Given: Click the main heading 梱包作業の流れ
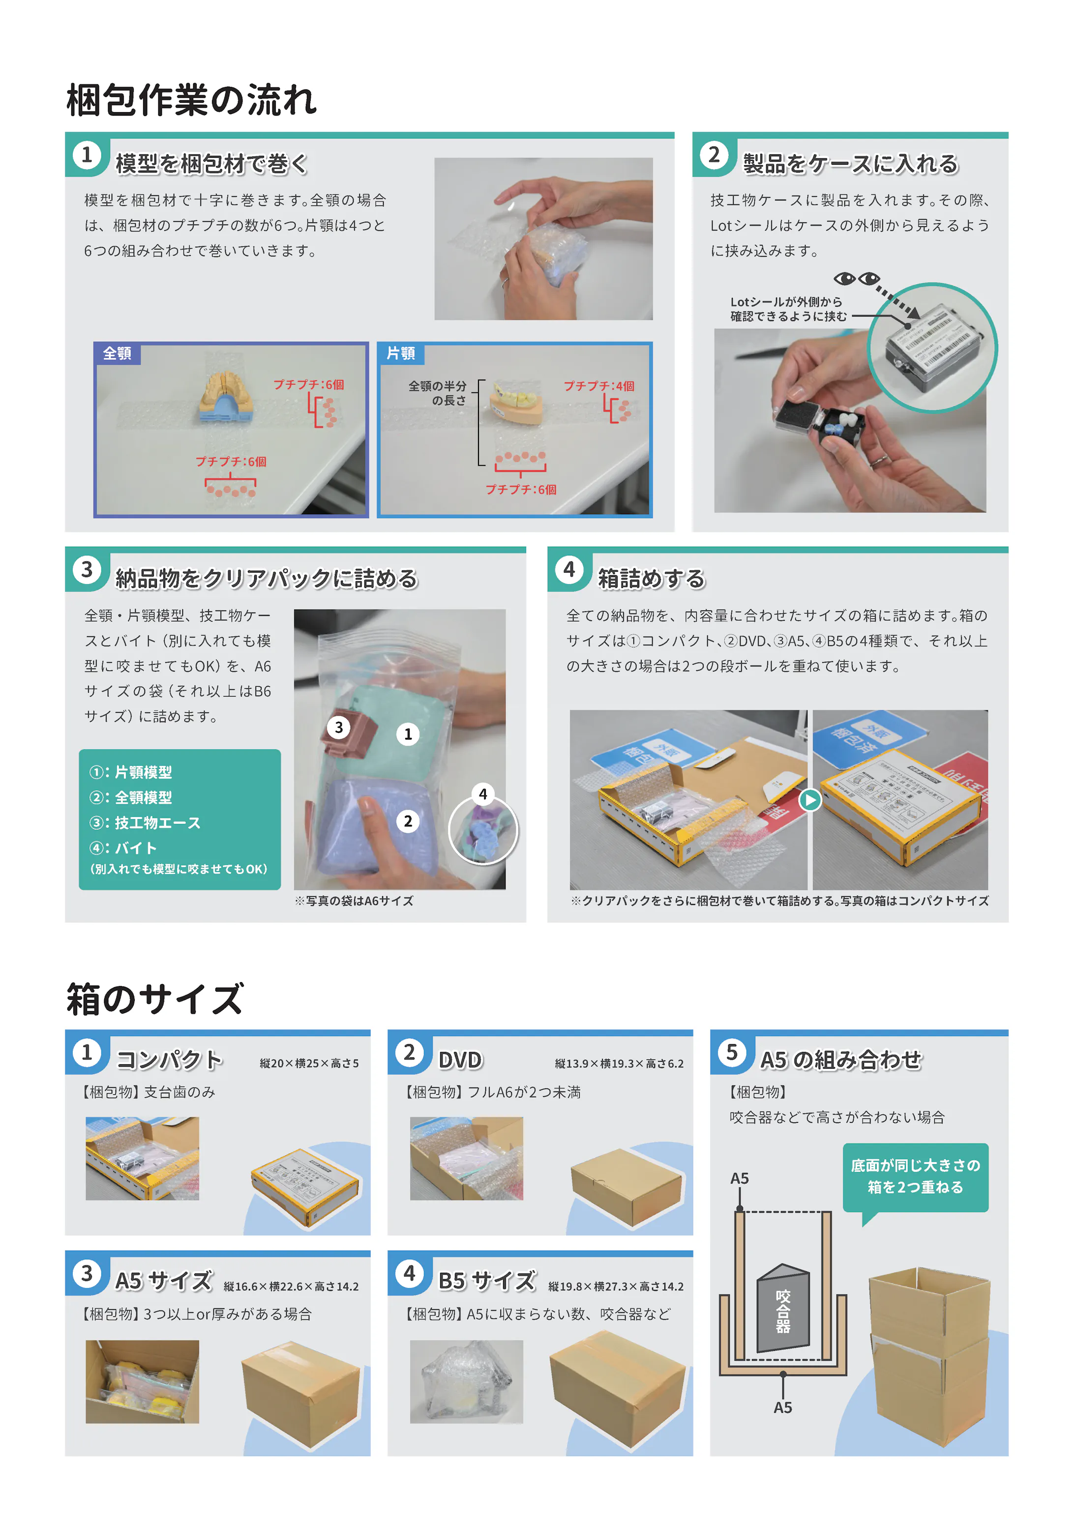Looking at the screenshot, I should coord(191,100).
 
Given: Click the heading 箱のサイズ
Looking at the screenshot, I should coord(155,999).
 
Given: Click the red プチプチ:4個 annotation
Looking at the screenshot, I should coord(598,386).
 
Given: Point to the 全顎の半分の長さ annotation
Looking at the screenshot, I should coord(438,393).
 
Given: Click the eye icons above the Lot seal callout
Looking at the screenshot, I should coord(857,278).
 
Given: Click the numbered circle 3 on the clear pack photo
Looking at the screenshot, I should coord(339,727).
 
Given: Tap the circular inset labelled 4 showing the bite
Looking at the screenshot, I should coord(483,830).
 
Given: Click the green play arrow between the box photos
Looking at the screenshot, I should coord(809,800).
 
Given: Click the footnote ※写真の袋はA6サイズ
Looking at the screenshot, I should coord(354,901).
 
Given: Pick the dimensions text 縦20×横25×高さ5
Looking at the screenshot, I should coord(309,1063).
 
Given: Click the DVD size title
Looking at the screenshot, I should coord(460,1060).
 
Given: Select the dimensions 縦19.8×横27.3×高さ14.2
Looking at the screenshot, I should coord(615,1286).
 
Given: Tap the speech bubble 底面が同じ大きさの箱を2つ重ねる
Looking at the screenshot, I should coord(915,1177).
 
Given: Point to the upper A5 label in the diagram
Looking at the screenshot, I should coord(740,1178).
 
